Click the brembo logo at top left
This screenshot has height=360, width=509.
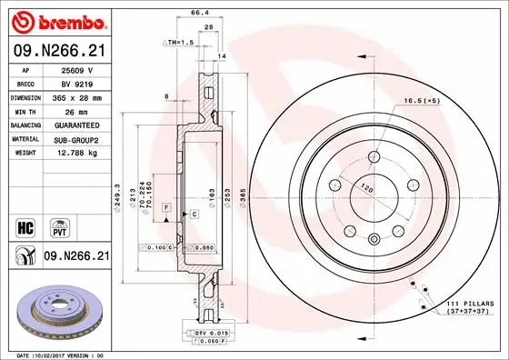click(x=57, y=19)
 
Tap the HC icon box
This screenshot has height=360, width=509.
click(x=26, y=225)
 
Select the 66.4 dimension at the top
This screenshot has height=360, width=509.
click(x=195, y=12)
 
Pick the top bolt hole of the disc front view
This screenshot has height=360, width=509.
click(x=374, y=156)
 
